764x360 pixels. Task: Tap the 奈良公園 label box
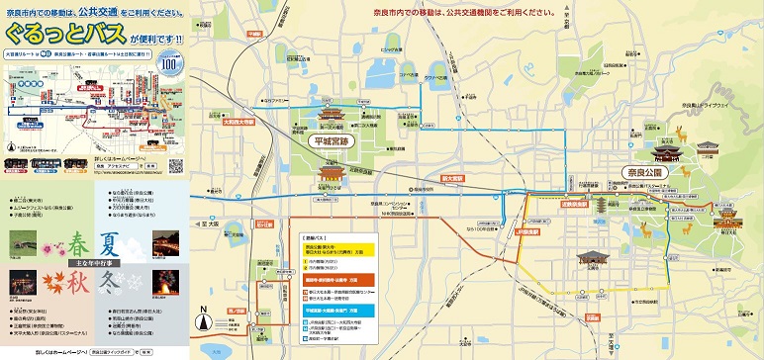[x=647, y=172]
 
